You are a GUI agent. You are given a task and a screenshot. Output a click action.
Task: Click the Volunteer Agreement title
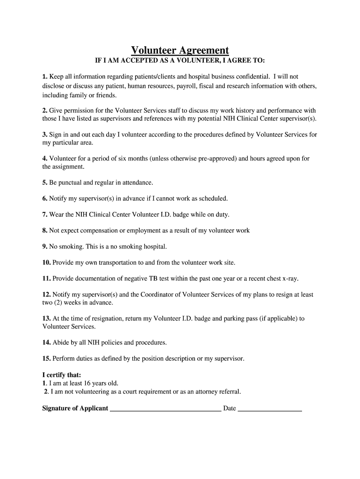(x=180, y=51)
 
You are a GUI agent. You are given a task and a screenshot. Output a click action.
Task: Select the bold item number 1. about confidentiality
(x=45, y=76)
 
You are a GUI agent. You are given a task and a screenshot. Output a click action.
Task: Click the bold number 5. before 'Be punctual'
(x=45, y=182)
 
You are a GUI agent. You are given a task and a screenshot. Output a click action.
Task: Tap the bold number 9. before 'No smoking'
(x=45, y=247)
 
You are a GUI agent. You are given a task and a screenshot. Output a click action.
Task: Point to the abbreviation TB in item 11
(x=153, y=279)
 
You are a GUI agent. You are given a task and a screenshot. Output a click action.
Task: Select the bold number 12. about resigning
(x=47, y=295)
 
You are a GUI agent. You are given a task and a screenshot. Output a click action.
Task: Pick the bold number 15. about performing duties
(x=47, y=359)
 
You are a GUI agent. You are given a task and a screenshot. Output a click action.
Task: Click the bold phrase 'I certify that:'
(x=62, y=375)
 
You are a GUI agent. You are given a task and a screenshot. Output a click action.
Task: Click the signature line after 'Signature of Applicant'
(x=165, y=409)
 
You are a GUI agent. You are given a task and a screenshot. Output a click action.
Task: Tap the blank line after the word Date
(x=270, y=409)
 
